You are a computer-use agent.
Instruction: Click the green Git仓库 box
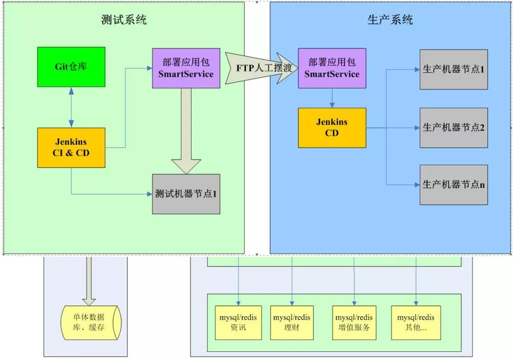tap(71, 67)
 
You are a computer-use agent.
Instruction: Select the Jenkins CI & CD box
tap(71, 148)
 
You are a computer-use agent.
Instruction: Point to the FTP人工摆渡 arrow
tap(262, 68)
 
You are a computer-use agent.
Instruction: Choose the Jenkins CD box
tap(332, 128)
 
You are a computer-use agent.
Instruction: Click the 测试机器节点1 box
tap(186, 194)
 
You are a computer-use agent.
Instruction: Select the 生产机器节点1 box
tap(453, 70)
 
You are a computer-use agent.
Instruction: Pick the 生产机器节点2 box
tap(453, 128)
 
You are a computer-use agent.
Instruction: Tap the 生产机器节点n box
tap(453, 185)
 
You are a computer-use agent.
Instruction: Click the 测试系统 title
tap(124, 20)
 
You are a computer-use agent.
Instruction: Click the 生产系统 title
tap(390, 20)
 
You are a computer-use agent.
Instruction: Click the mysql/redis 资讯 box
tap(238, 323)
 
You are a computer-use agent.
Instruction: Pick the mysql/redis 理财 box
tap(291, 323)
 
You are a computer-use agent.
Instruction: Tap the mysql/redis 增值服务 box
tap(354, 323)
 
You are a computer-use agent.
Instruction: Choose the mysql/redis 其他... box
tap(416, 323)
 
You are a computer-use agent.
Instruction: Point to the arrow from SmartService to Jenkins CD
tap(332, 97)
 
